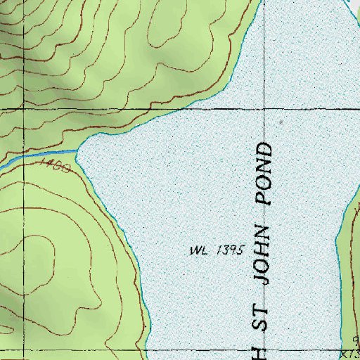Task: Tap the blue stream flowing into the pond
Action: (42, 155)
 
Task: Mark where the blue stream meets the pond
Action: (77, 149)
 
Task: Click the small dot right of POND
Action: (281, 122)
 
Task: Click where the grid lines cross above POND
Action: (266, 110)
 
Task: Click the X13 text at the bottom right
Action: (349, 354)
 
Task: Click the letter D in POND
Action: (264, 150)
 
